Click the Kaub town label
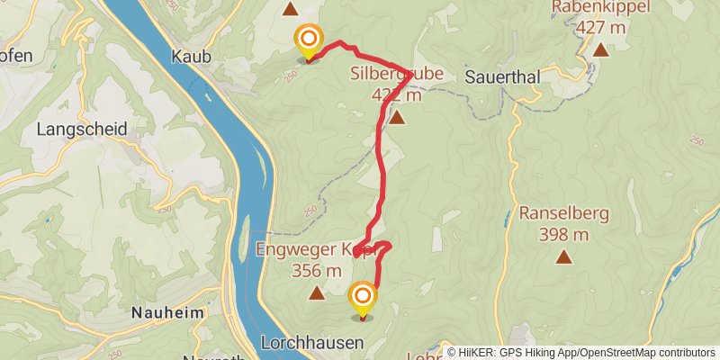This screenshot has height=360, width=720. pyautogui.click(x=191, y=56)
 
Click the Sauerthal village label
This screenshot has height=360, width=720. pyautogui.click(x=502, y=77)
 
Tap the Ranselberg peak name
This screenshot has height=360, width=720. pyautogui.click(x=564, y=214)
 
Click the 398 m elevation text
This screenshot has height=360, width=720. pyautogui.click(x=564, y=235)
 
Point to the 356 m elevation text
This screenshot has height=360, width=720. pyautogui.click(x=317, y=269)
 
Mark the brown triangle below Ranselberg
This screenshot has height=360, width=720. pyautogui.click(x=564, y=257)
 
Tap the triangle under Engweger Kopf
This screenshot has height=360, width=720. pyautogui.click(x=317, y=292)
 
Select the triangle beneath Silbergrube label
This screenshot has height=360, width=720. pyautogui.click(x=396, y=117)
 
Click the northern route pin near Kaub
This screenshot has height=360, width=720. pyautogui.click(x=309, y=40)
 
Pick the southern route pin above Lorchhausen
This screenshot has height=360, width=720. pyautogui.click(x=363, y=296)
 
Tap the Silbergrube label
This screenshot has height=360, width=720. pyautogui.click(x=396, y=74)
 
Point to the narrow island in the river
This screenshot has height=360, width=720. pyautogui.click(x=243, y=236)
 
